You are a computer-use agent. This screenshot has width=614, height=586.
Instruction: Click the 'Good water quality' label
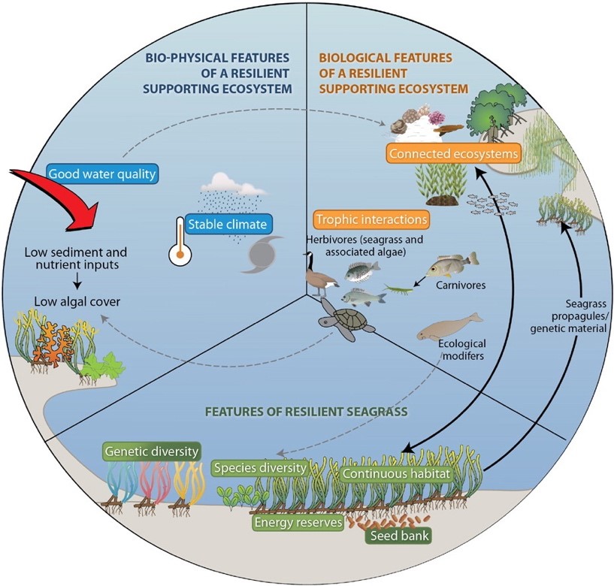[x=102, y=174]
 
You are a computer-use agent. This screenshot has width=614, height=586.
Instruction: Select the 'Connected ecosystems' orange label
[x=453, y=154]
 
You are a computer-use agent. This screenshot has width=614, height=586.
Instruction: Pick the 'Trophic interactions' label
[x=372, y=220]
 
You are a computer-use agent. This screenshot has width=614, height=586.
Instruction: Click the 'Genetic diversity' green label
[x=153, y=452]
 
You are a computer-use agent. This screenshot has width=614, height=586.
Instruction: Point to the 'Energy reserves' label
[x=298, y=521]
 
